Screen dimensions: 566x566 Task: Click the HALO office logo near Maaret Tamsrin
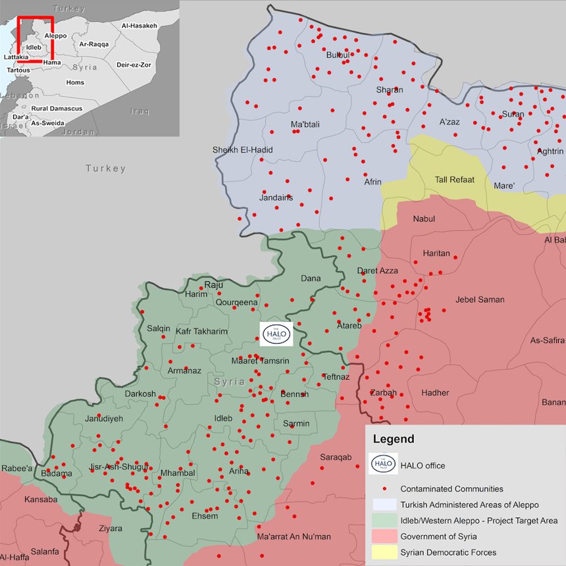pyautogui.click(x=276, y=334)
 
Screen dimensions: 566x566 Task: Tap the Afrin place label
pyautogui.click(x=373, y=182)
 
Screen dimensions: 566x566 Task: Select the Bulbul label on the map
pyautogui.click(x=338, y=55)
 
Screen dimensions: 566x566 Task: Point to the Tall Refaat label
pyautogui.click(x=454, y=180)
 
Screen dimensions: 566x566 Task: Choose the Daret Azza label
pyautogui.click(x=377, y=270)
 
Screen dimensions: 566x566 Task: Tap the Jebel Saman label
pyautogui.click(x=480, y=300)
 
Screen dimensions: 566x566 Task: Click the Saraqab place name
pyautogui.click(x=336, y=457)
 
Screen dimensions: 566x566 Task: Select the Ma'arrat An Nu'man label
pyautogui.click(x=294, y=537)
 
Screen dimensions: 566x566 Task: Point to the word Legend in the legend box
pyautogui.click(x=394, y=439)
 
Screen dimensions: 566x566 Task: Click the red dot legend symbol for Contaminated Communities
pyautogui.click(x=384, y=489)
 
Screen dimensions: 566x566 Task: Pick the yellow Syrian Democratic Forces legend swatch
pyautogui.click(x=384, y=552)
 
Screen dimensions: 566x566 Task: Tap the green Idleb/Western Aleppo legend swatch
pyautogui.click(x=384, y=521)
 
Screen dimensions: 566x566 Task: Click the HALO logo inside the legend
pyautogui.click(x=384, y=464)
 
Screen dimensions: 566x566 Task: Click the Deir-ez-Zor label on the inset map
pyautogui.click(x=134, y=65)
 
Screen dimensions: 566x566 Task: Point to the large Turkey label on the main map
pyautogui.click(x=105, y=169)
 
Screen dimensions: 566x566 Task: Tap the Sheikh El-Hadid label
pyautogui.click(x=242, y=150)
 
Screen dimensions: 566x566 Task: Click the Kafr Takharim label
pyautogui.click(x=201, y=332)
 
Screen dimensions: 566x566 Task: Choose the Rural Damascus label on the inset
pyautogui.click(x=57, y=109)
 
